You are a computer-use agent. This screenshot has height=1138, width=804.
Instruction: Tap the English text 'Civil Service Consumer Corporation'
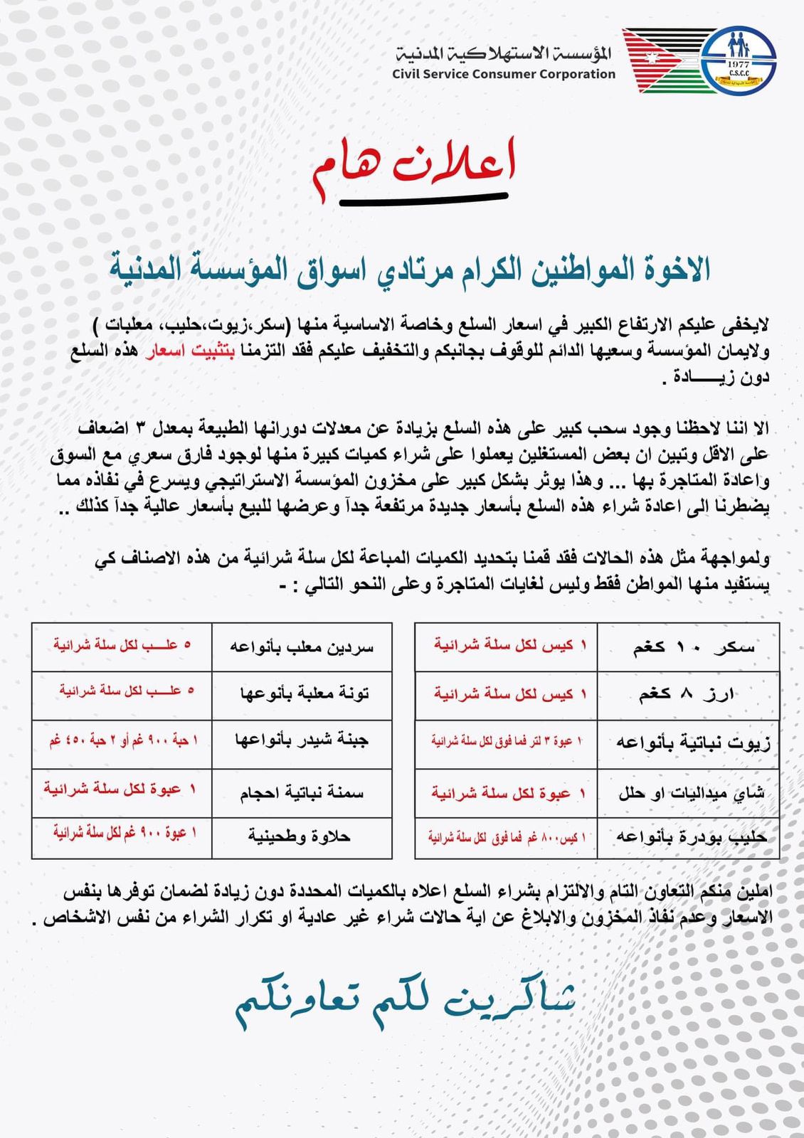[x=503, y=74]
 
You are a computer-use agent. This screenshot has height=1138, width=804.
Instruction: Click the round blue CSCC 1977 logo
[x=738, y=60]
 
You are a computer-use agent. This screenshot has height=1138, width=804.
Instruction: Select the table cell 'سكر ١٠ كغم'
[x=688, y=647]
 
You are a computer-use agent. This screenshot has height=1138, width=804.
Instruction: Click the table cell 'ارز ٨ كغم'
[x=688, y=694]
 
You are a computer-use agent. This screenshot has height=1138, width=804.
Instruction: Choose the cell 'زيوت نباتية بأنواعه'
[x=688, y=743]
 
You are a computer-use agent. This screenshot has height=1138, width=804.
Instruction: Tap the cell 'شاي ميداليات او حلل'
[x=688, y=792]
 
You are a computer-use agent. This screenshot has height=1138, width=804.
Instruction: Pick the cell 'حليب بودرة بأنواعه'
[x=688, y=837]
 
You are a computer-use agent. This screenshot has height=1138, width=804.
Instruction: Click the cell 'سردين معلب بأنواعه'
[x=302, y=647]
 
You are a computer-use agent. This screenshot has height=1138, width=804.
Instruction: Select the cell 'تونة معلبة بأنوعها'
[x=302, y=694]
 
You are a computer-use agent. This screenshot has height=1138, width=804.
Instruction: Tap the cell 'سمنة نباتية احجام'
[x=302, y=792]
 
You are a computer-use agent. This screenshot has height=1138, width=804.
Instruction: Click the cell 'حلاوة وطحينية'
[x=302, y=837]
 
